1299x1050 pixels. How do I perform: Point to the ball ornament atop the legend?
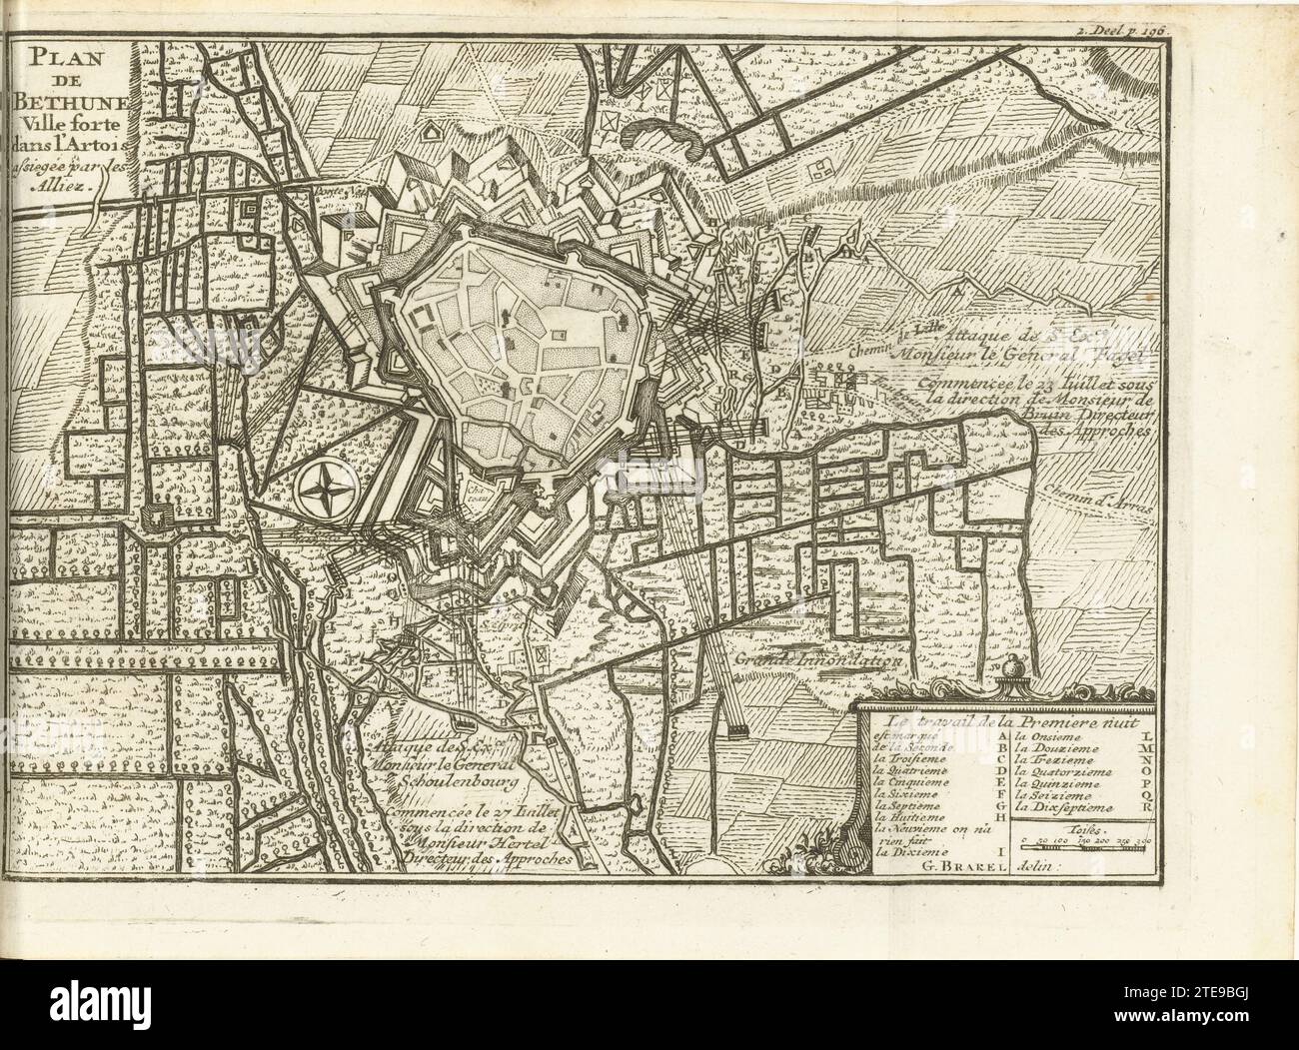pos(1015,667)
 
